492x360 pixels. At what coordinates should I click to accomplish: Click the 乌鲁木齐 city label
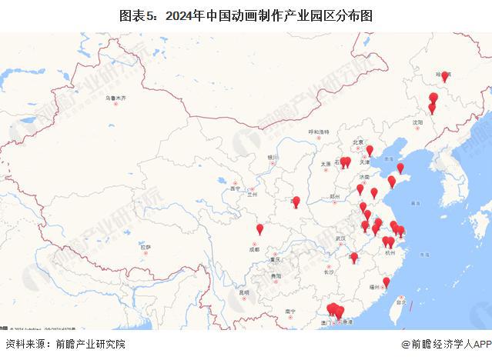pos(115,98)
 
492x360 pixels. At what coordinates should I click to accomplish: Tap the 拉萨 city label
pos(145,246)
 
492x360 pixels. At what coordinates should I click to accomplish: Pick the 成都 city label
pos(255,248)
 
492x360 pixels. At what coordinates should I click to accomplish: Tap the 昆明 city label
pos(244,292)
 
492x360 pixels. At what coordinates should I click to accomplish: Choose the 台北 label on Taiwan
pos(400,302)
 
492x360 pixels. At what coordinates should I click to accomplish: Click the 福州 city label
pos(376,286)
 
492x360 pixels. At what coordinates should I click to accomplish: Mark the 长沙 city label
pos(329,272)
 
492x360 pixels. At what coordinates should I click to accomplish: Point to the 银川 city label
pos(272,157)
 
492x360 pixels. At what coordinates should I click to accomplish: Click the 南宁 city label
pos(290,311)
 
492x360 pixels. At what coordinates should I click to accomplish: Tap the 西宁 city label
pos(236,188)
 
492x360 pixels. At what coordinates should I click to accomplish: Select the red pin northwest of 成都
pos(259,228)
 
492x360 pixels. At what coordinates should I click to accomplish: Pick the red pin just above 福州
pos(386,282)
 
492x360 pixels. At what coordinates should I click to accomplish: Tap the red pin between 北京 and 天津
pos(370,150)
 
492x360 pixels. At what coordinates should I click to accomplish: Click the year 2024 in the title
pos(208,15)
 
